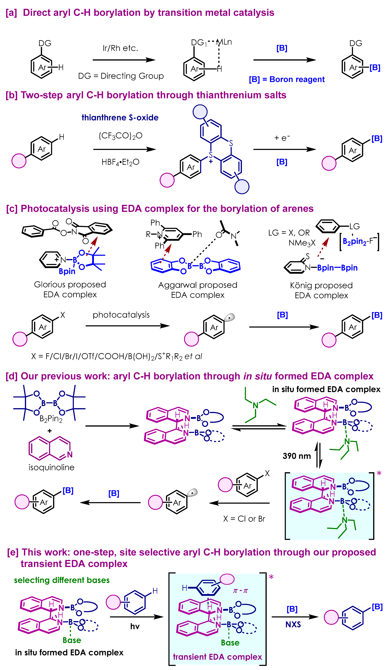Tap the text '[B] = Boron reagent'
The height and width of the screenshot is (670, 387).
(287, 79)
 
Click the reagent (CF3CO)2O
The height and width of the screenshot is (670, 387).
(120, 136)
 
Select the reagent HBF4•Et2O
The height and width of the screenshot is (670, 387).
(120, 162)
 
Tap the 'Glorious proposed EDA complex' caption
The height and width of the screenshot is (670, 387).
(70, 289)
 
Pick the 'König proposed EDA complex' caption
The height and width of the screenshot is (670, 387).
(321, 290)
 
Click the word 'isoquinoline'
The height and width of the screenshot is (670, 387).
(52, 467)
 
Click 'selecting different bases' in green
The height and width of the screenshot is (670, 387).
(62, 580)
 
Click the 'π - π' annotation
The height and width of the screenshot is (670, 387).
(240, 591)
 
